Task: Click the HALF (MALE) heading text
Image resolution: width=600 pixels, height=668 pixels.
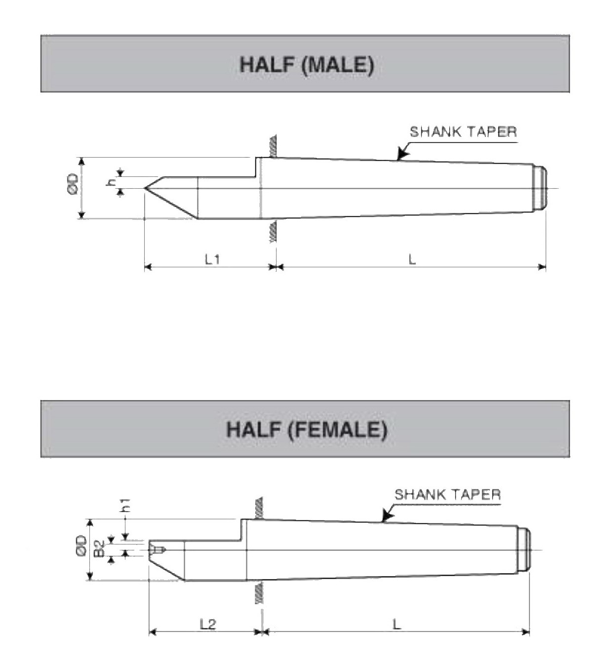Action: coord(307,65)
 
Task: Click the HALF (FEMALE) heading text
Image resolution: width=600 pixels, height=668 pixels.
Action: coord(307,429)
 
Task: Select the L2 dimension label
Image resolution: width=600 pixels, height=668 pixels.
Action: coord(208,624)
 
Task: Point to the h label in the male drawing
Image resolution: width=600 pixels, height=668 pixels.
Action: coord(113,182)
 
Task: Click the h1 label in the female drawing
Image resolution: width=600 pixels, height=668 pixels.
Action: coord(125,505)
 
